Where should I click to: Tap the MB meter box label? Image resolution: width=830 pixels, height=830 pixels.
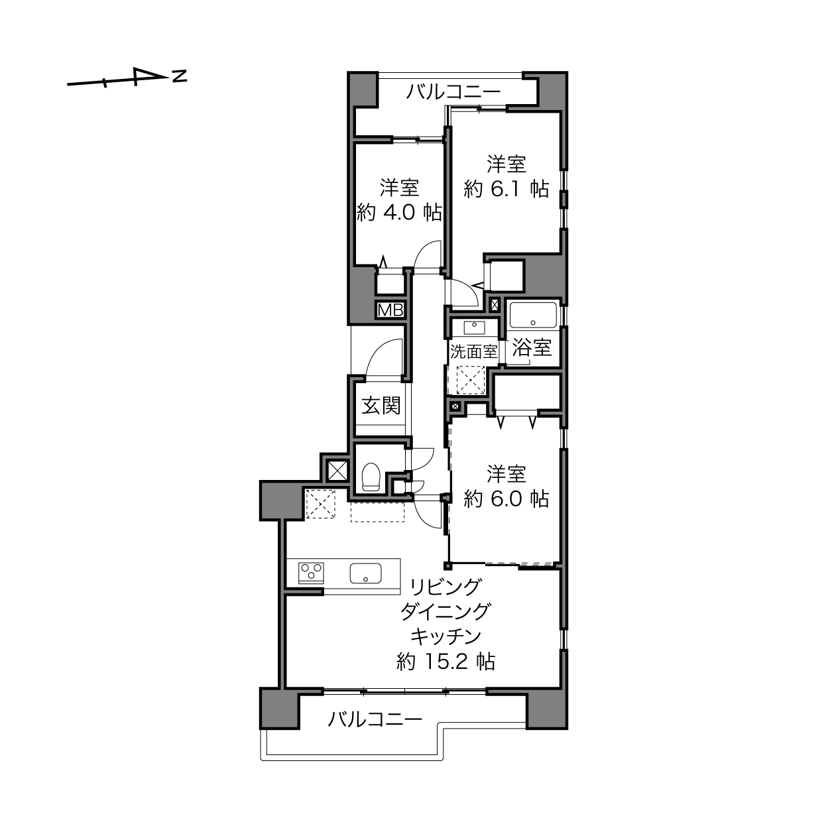click(x=390, y=310)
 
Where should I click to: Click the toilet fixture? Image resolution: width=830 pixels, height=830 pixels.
click(x=371, y=477)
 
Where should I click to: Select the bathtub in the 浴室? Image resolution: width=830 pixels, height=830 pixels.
click(x=532, y=314)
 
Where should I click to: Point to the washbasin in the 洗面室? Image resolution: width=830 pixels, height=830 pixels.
click(x=474, y=327)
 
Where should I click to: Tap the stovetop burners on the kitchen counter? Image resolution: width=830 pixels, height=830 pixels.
click(x=310, y=572)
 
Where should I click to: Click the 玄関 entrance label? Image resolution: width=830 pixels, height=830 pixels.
click(x=381, y=406)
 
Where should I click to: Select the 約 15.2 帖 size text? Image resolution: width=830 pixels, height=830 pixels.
click(x=445, y=662)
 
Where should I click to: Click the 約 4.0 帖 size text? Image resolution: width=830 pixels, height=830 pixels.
click(x=399, y=213)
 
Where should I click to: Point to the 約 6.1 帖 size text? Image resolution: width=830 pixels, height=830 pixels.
click(x=506, y=190)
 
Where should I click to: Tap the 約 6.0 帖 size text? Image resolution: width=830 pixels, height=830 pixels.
click(x=506, y=499)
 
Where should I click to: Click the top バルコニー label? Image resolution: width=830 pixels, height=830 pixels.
click(x=453, y=91)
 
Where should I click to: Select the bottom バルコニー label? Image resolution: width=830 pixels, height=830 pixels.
click(x=375, y=719)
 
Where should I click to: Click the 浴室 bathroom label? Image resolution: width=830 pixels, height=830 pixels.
click(x=532, y=347)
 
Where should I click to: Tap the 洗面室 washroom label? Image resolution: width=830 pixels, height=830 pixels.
click(x=473, y=352)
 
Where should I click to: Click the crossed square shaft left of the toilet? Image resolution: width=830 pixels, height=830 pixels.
click(x=337, y=471)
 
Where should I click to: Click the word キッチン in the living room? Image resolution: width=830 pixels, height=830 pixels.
click(x=445, y=636)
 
